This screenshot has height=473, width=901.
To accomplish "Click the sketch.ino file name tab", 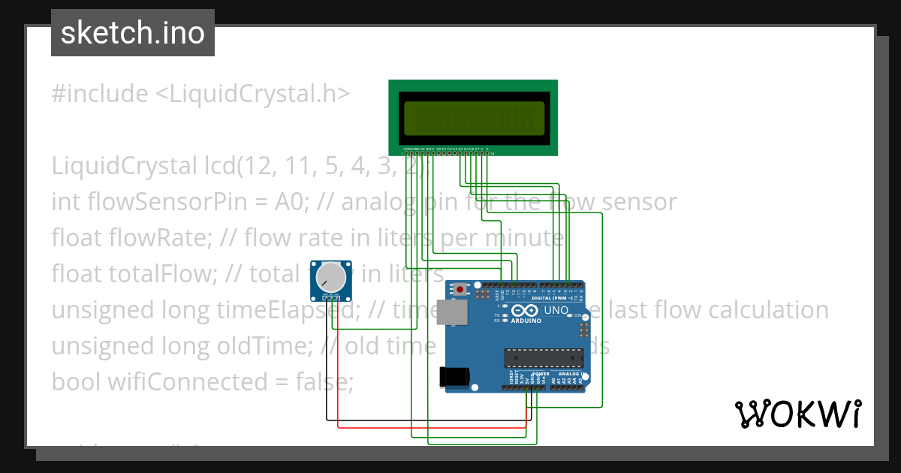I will [x=132, y=33].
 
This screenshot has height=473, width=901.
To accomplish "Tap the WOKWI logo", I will [x=797, y=414].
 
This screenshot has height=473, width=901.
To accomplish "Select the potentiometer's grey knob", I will [x=331, y=279].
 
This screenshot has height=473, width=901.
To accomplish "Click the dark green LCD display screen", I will [x=473, y=117].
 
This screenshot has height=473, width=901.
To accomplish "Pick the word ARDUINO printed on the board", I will [x=527, y=321].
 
